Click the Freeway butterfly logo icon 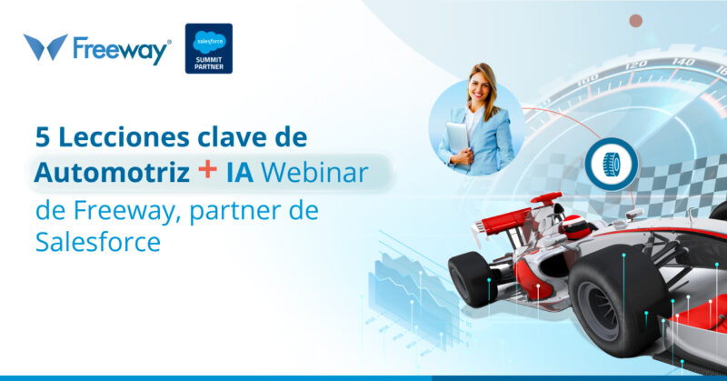tap(45, 47)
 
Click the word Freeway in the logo tap(121, 49)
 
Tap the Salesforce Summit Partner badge tap(208, 48)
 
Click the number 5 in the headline tap(42, 136)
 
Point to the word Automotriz tap(99, 173)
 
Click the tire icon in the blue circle tap(611, 164)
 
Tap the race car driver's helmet tap(576, 226)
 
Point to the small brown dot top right tap(636, 21)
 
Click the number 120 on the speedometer tap(637, 64)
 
